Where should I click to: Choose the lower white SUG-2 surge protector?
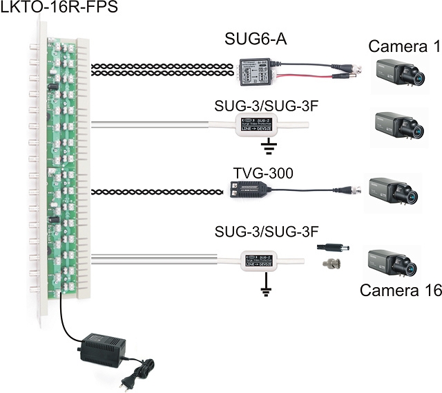point(260,260)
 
